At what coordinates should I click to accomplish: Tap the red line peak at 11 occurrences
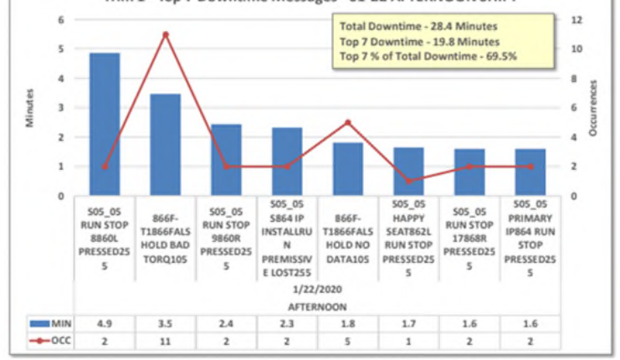pos(166,34)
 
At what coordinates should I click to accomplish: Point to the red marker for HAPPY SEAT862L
pos(408,181)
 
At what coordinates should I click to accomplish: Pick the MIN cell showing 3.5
pos(166,323)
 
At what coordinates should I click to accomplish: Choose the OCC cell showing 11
pos(166,341)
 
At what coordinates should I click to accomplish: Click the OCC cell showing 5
pos(348,341)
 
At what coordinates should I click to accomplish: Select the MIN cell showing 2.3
pos(287,323)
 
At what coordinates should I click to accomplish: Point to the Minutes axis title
pos(30,108)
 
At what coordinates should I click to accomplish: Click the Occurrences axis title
pos(593,108)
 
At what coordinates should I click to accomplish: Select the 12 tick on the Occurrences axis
pos(572,19)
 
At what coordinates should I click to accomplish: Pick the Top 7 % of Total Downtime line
pos(428,56)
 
